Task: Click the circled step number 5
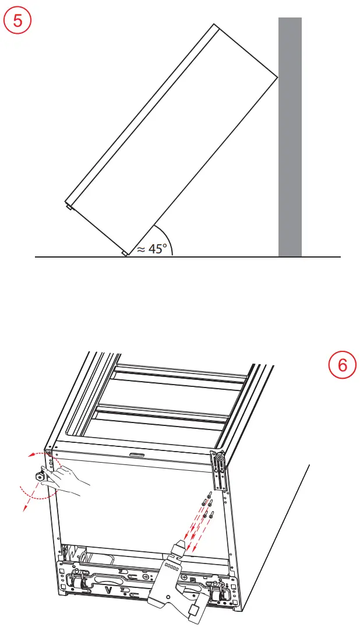pos(17,21)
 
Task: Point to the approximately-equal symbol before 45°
pos(140,249)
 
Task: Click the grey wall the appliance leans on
pos(290,137)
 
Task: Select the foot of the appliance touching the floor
pos(124,253)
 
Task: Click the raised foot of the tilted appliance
pos(68,206)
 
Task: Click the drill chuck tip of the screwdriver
pos(178,547)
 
